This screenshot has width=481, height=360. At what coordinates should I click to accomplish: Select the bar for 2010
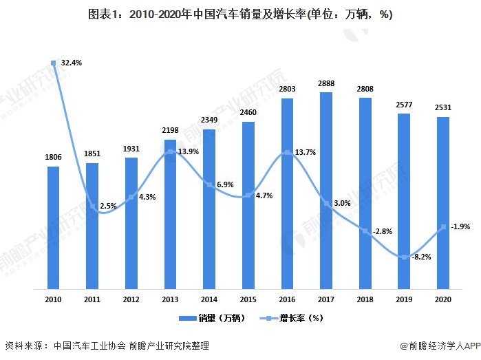53,226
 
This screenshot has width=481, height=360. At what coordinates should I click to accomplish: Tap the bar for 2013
170,213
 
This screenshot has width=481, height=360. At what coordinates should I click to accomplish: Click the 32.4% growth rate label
72,63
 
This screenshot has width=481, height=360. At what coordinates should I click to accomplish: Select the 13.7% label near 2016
304,152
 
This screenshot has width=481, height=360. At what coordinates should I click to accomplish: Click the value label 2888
326,84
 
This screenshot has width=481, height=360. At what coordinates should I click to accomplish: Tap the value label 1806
53,158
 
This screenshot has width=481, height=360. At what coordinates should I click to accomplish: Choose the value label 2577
405,105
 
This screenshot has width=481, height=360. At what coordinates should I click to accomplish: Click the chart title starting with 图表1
240,14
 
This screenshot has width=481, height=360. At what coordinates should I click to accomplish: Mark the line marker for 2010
53,63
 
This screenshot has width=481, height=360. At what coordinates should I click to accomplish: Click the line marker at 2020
443,226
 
